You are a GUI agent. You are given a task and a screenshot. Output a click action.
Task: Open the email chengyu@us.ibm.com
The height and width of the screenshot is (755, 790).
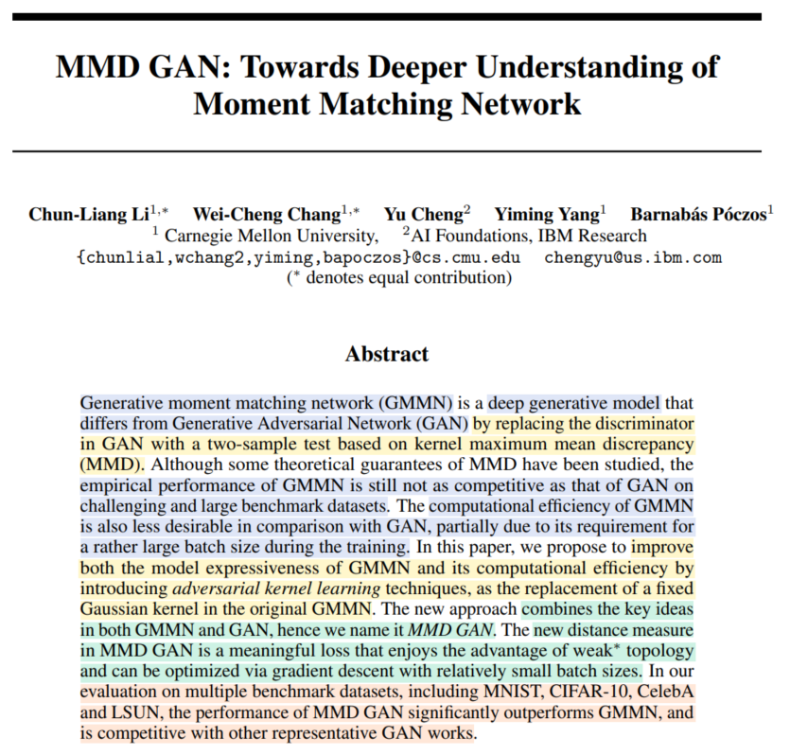(633, 257)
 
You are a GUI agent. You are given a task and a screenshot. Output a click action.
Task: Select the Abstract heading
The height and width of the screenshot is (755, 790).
(387, 354)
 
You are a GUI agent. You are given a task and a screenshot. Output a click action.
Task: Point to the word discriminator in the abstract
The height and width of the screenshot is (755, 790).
(640, 423)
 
